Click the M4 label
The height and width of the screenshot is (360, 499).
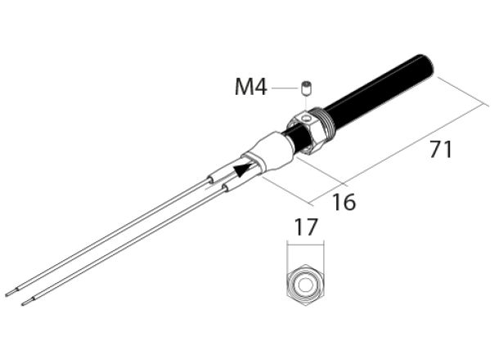point(250,87)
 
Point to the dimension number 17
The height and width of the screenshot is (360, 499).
point(306,228)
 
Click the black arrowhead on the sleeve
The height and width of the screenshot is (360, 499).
point(241,170)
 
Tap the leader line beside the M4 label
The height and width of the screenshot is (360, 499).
point(285,87)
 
